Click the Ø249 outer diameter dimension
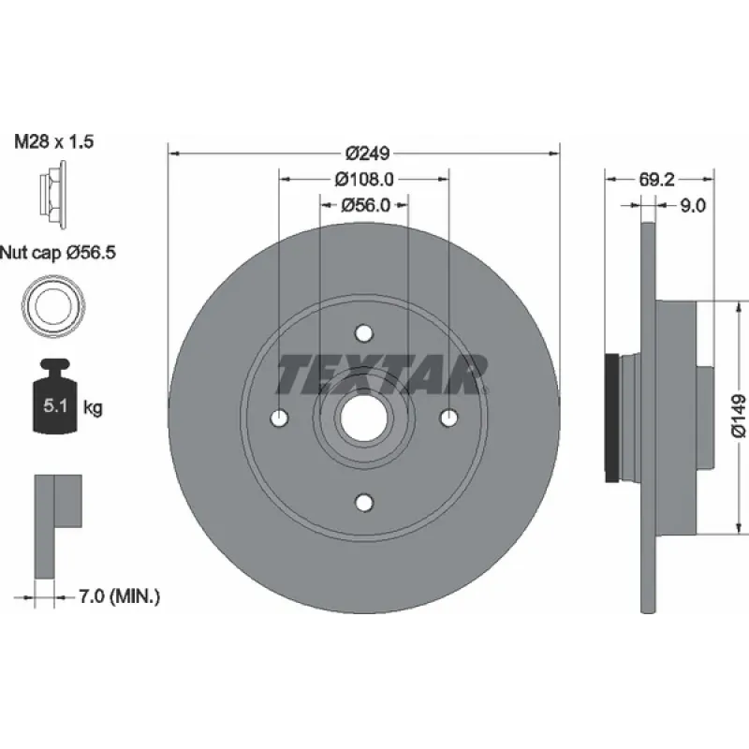coord(367,154)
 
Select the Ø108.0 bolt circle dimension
coord(364,179)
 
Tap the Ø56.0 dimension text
coord(366,205)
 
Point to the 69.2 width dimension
coord(657,179)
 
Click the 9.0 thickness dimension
coord(693,205)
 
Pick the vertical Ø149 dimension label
coord(738,416)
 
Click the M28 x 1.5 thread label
coord(54,141)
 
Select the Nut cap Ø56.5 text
coord(58,252)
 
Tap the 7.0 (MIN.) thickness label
coord(119,596)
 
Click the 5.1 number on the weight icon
coord(55,406)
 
